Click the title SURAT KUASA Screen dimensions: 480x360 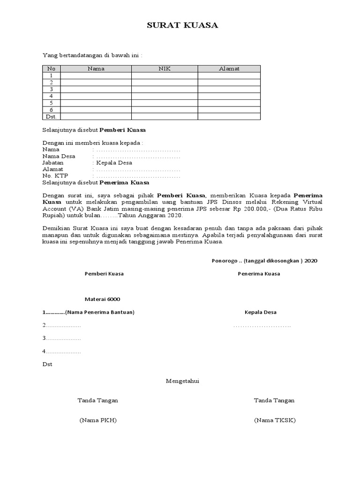(x=183, y=26)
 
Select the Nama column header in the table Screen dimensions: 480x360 (x=96, y=68)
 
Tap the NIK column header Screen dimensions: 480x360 (x=165, y=68)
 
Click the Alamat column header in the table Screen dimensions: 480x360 (x=229, y=68)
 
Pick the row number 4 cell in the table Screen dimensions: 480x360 (x=52, y=96)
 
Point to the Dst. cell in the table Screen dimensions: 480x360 (x=52, y=116)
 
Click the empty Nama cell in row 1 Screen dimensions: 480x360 (x=96, y=75)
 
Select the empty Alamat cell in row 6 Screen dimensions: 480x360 (x=229, y=110)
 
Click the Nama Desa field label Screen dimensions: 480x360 (x=58, y=156)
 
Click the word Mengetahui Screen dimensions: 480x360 (x=183, y=381)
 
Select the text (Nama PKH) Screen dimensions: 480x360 (x=98, y=420)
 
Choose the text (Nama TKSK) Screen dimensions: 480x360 (x=275, y=420)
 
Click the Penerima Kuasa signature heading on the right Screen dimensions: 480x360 (x=259, y=274)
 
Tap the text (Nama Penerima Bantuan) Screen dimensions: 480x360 (x=100, y=312)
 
